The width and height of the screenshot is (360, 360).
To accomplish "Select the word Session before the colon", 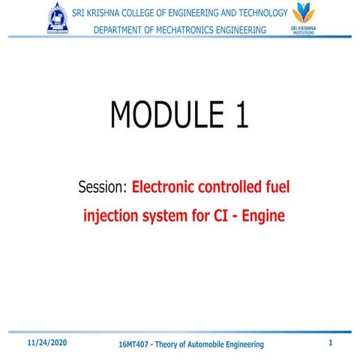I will pyautogui.click(x=102, y=187).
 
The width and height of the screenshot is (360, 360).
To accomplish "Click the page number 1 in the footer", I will pyautogui.click(x=330, y=343).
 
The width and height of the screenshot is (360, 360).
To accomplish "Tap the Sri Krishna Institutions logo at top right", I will pyautogui.click(x=303, y=18).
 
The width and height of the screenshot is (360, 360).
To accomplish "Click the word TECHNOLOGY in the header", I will pyautogui.click(x=253, y=13).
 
